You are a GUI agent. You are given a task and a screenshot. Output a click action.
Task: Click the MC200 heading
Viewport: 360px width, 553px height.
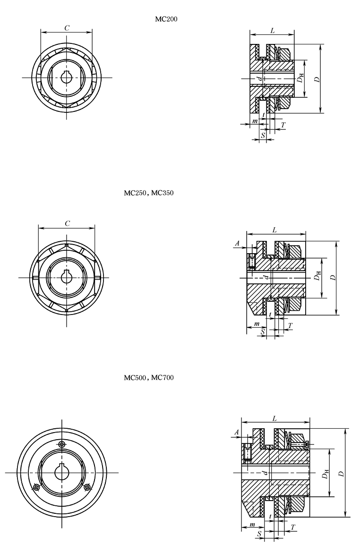point(166,19)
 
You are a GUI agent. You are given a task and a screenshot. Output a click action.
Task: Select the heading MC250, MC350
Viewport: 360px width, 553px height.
point(149,193)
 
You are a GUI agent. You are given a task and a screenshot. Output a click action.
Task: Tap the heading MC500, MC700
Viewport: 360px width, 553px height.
point(149,378)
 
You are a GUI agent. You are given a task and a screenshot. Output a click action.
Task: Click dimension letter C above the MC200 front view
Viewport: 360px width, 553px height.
point(66,28)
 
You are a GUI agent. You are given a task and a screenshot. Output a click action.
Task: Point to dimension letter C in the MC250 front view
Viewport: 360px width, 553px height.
point(67,223)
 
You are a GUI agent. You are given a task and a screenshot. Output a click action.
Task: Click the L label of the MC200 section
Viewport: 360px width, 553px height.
point(273,31)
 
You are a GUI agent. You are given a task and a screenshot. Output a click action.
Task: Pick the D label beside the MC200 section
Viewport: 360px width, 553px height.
point(317,79)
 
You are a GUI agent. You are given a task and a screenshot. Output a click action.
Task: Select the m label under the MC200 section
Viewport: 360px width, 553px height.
point(255,121)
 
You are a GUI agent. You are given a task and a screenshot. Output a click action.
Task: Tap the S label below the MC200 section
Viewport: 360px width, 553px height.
point(263,135)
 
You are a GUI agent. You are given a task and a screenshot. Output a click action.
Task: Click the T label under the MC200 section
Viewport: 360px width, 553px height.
point(283,125)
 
